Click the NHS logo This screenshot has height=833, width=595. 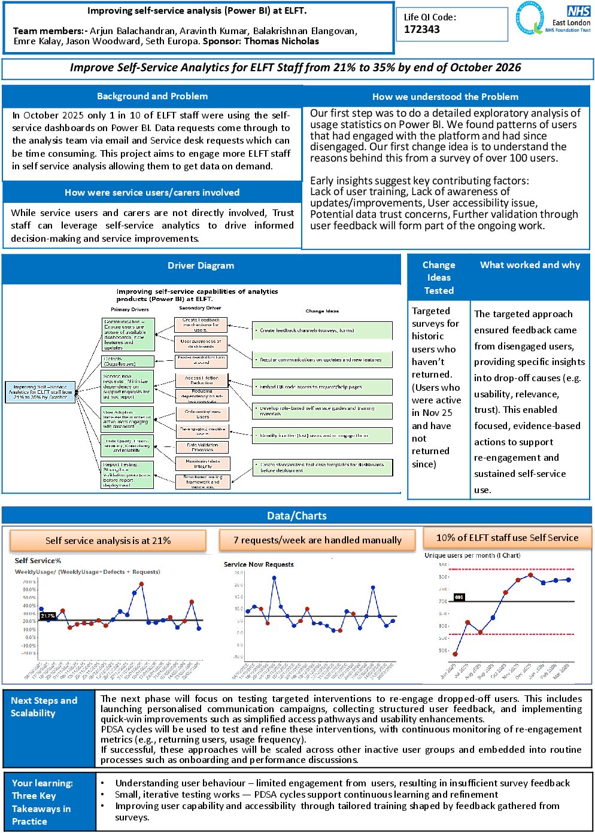578,11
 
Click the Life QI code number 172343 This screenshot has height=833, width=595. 422,29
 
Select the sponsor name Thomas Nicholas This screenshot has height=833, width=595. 281,41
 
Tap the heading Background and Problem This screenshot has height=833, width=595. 152,96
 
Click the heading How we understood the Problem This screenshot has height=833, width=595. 445,97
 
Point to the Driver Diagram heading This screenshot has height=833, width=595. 201,266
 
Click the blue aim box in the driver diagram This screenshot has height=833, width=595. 40,391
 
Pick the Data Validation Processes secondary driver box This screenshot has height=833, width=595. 202,447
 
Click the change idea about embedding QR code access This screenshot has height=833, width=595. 322,387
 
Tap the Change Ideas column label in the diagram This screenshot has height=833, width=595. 322,311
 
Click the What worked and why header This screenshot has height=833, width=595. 530,265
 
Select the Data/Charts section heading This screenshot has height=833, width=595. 297,516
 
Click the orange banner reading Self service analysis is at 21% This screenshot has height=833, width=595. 108,541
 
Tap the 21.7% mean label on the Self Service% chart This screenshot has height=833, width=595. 48,616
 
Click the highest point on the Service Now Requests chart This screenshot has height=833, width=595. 274,578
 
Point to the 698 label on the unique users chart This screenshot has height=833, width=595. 459,597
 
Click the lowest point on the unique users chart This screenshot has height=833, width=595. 456,654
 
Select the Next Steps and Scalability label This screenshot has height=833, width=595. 44,707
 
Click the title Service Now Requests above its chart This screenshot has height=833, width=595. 259,564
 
